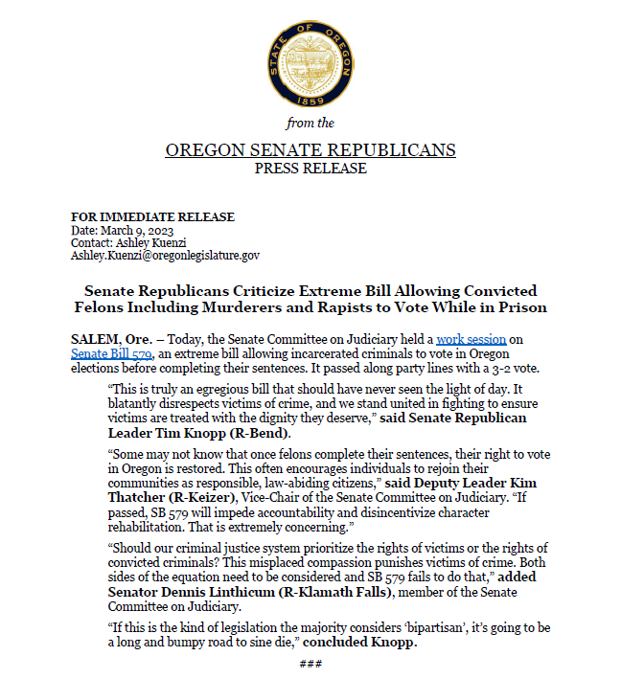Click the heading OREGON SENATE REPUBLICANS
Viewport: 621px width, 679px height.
[310, 150]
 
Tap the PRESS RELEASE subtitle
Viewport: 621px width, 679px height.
[310, 169]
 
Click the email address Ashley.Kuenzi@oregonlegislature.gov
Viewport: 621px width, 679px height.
[165, 256]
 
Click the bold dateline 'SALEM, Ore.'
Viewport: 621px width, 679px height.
[110, 340]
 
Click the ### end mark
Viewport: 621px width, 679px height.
[310, 664]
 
